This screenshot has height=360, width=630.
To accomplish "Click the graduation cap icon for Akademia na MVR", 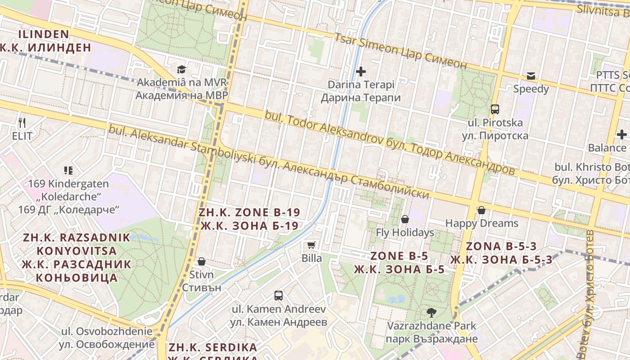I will pos(181,69).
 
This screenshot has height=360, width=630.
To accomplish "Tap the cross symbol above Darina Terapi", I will pos(360,71).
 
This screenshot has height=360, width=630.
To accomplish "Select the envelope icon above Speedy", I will pos(531,76).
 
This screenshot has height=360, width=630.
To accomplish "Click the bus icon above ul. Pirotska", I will pos(495,109).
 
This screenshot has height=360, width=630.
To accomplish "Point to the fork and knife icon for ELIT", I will pos(22,122).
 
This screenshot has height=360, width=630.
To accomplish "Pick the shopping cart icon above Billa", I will pos(311,245).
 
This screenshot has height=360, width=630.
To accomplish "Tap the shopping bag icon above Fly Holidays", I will pos(405,219).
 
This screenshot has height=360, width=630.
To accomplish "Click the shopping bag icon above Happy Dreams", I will pos(481,210).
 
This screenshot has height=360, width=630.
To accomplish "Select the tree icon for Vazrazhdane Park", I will pos(431,312).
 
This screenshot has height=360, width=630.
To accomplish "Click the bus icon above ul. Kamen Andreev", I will pos(279,296).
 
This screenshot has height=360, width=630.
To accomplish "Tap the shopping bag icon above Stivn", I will pos(201,261).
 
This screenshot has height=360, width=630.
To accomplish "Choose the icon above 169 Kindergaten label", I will pos(68,171).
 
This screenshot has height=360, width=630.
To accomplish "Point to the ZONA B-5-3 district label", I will pos(501,247).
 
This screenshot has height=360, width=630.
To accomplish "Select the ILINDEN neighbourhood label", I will pos(44,34).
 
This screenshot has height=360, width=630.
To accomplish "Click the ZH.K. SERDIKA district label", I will pos(213,347).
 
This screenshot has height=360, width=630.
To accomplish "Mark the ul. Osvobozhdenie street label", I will pos(107,332).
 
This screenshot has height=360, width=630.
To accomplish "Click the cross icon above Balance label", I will pos(621,135).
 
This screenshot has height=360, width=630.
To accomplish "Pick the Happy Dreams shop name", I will pos(481,223).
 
